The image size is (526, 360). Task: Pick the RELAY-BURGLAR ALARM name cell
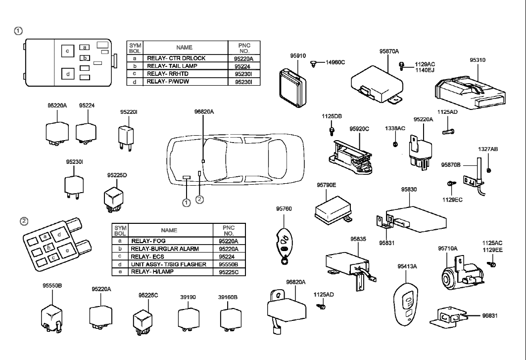tap(161, 249)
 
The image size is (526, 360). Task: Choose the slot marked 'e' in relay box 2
tap(68, 251)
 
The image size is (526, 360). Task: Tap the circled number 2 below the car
tap(199, 200)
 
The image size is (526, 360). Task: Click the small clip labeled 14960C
tap(315, 63)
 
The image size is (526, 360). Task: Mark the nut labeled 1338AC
tap(395, 144)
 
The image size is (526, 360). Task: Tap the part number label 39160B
tap(228, 297)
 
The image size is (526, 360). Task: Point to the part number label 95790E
tap(326, 185)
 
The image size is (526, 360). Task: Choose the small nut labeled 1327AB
tap(489, 171)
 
